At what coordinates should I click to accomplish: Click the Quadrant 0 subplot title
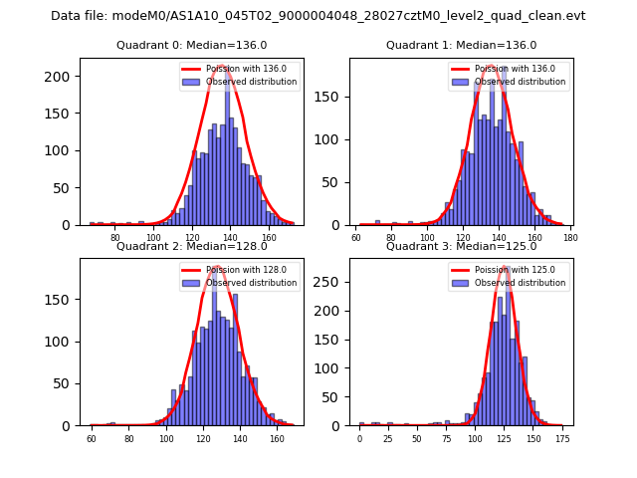tap(191, 45)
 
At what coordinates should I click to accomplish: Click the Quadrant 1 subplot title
tap(461, 45)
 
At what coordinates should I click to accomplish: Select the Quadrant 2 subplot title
tap(191, 246)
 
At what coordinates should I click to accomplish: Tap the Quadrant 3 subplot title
tap(461, 246)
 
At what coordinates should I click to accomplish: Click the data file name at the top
tap(318, 16)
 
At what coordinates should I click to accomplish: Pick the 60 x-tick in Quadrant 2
tap(92, 438)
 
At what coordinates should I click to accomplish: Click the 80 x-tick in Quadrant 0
tap(114, 238)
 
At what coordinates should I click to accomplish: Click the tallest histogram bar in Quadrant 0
tap(227, 149)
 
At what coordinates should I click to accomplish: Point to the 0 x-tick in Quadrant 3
tap(359, 438)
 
